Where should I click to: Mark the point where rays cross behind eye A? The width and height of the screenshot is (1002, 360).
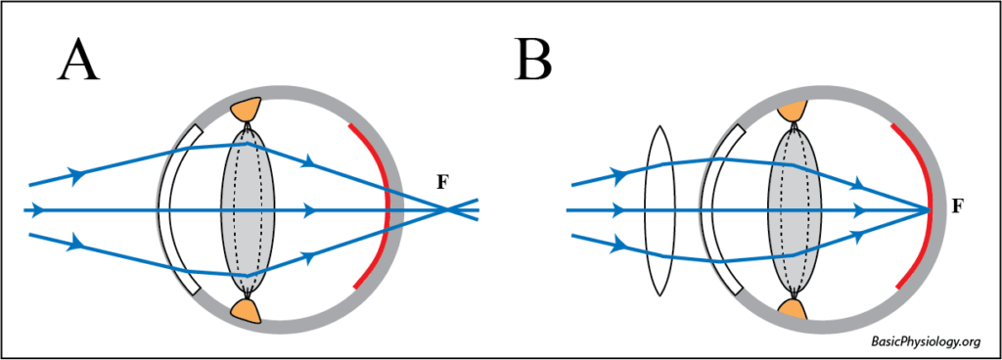click(x=448, y=209)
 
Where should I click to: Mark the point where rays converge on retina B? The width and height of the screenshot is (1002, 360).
click(x=929, y=209)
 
